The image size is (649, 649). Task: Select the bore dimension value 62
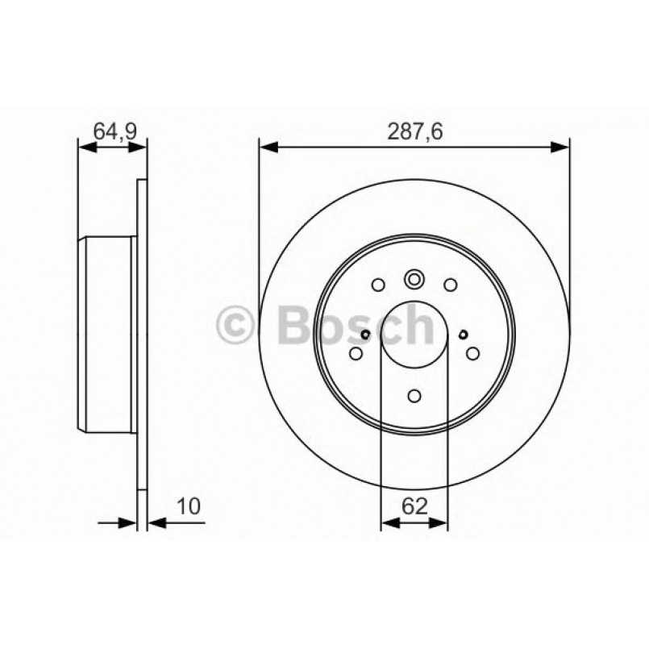click(414, 506)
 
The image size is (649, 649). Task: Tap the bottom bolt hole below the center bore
click(414, 396)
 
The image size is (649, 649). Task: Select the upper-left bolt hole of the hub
click(378, 284)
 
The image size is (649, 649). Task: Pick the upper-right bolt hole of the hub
click(450, 284)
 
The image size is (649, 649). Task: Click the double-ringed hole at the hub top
click(414, 280)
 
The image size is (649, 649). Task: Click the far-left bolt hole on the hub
click(356, 352)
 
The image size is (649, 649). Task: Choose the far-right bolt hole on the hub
click(472, 352)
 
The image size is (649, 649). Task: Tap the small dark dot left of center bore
click(365, 335)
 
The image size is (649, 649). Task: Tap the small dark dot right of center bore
click(463, 335)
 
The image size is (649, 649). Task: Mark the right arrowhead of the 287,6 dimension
click(561, 147)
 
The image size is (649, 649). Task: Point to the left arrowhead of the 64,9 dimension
click(85, 147)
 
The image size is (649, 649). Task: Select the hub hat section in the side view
click(107, 333)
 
